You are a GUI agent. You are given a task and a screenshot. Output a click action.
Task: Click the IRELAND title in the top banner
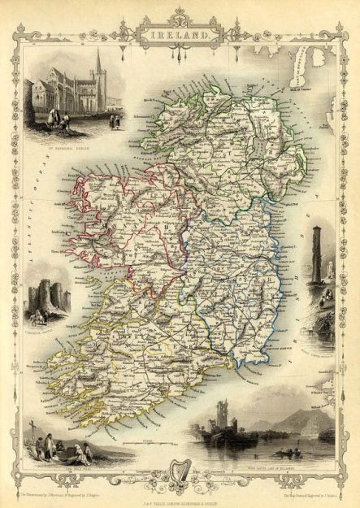tap(180, 36)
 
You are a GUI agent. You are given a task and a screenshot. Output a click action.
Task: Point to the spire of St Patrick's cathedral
tap(98, 61)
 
